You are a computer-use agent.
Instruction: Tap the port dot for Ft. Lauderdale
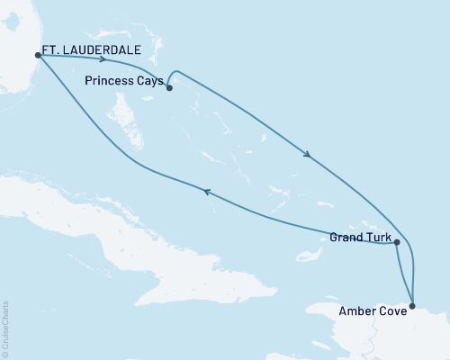pos(37,55)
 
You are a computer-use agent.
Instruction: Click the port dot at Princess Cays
pos(169,87)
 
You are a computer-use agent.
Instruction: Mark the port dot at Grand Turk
pos(396,243)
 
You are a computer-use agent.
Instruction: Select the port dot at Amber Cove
pos(413,307)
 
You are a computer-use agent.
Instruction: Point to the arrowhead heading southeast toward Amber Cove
pos(308,155)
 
